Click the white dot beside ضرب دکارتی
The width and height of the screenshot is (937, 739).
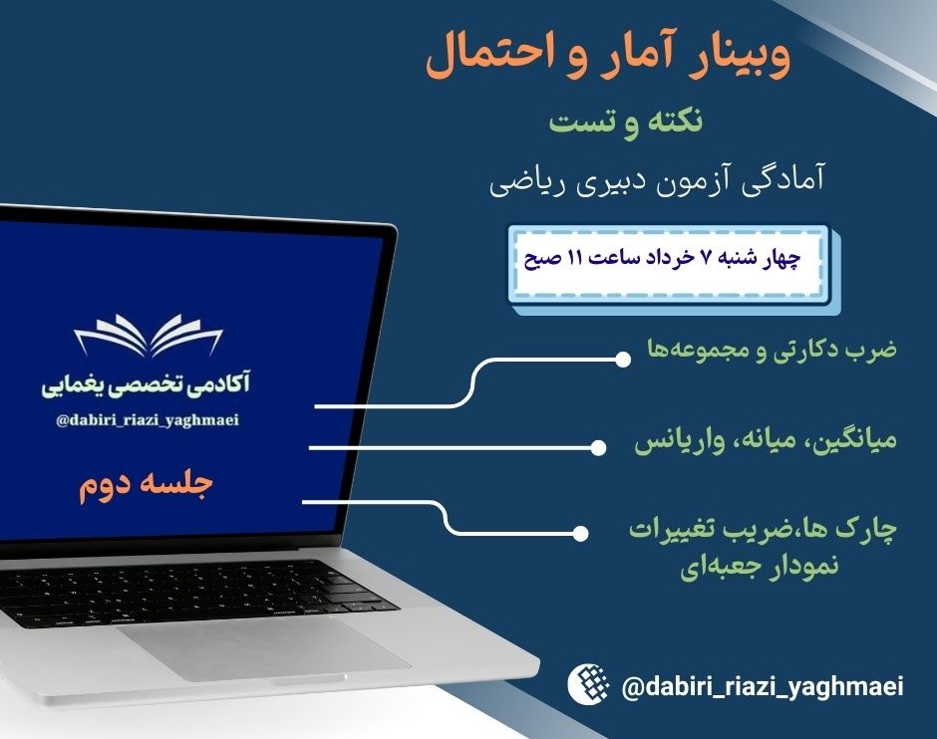622,358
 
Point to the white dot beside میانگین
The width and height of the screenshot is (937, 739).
597,448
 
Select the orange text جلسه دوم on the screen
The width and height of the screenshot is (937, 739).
147,486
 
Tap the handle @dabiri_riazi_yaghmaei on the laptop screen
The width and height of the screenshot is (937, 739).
149,420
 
